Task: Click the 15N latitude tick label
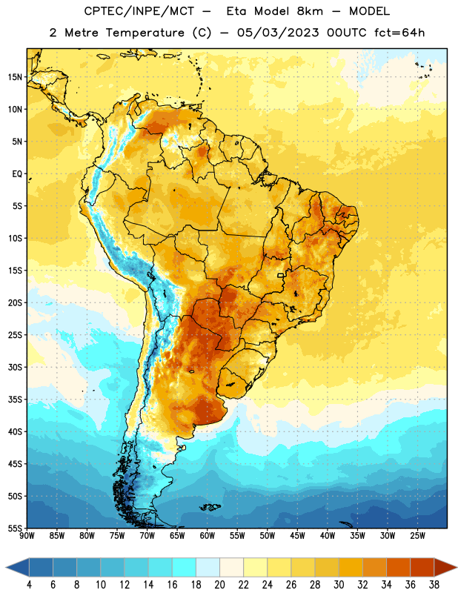(x=15, y=77)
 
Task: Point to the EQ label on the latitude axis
(x=17, y=174)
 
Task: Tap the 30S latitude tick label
(x=15, y=367)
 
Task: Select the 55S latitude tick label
(x=15, y=529)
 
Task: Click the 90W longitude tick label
(x=27, y=536)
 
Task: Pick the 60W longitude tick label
(x=208, y=536)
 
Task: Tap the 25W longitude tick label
(x=417, y=536)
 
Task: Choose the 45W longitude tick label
(x=297, y=536)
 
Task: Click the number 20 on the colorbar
(x=219, y=585)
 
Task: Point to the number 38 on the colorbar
(x=434, y=585)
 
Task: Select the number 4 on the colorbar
(x=29, y=585)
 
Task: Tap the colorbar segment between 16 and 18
(x=185, y=567)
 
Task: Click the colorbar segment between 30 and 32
(x=351, y=567)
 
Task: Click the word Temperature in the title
(x=145, y=33)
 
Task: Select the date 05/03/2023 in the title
(x=278, y=33)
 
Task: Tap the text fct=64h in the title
(x=399, y=33)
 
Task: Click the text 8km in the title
(x=310, y=11)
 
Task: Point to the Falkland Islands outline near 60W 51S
(x=210, y=507)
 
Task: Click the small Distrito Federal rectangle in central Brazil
(x=281, y=275)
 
